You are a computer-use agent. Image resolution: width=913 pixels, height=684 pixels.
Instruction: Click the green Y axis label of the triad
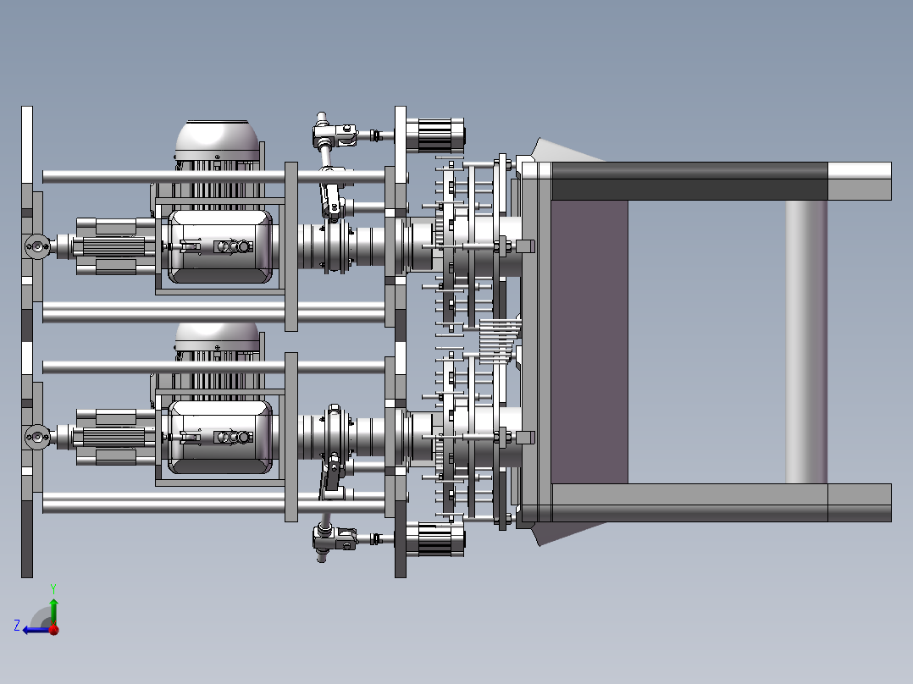click(x=53, y=587)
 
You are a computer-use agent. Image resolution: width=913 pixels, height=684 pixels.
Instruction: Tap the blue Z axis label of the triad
click(x=17, y=625)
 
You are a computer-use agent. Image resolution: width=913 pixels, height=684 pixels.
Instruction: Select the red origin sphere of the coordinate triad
click(x=53, y=629)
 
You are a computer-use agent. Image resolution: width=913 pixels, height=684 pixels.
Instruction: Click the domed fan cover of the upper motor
click(x=217, y=140)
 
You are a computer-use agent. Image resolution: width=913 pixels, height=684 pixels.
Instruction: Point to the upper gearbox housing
click(x=220, y=246)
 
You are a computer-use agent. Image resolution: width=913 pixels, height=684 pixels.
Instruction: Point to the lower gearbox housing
click(x=220, y=437)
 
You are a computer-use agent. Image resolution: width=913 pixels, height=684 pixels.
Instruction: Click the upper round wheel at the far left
click(x=37, y=247)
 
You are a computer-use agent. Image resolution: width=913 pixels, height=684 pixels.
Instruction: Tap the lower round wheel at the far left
click(x=37, y=438)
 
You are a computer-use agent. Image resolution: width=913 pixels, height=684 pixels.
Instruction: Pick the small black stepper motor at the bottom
click(x=434, y=539)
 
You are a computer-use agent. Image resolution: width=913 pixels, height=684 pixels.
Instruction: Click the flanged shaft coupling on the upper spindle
click(x=335, y=246)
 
